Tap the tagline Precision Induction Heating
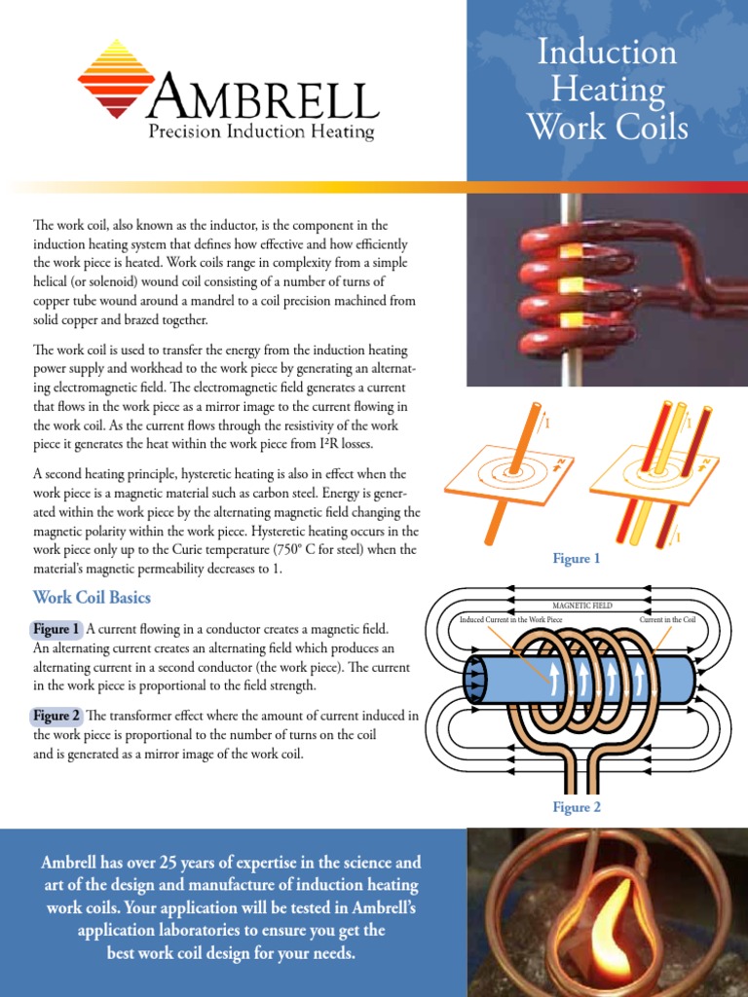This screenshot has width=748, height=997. pos(261,131)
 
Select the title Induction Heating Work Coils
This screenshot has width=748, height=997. pos(607,89)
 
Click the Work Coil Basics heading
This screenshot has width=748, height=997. pos(92,597)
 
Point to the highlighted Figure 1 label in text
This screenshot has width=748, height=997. pos(56,629)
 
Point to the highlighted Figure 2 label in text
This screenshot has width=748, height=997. pos(56,716)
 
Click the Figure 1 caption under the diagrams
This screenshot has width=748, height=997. pos(577,558)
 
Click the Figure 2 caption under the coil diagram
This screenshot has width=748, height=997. pos(577,807)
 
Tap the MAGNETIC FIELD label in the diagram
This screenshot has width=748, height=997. pos(582,605)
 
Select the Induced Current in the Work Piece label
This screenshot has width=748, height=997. pos(511,619)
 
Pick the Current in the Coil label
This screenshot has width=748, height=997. pos(667,619)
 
